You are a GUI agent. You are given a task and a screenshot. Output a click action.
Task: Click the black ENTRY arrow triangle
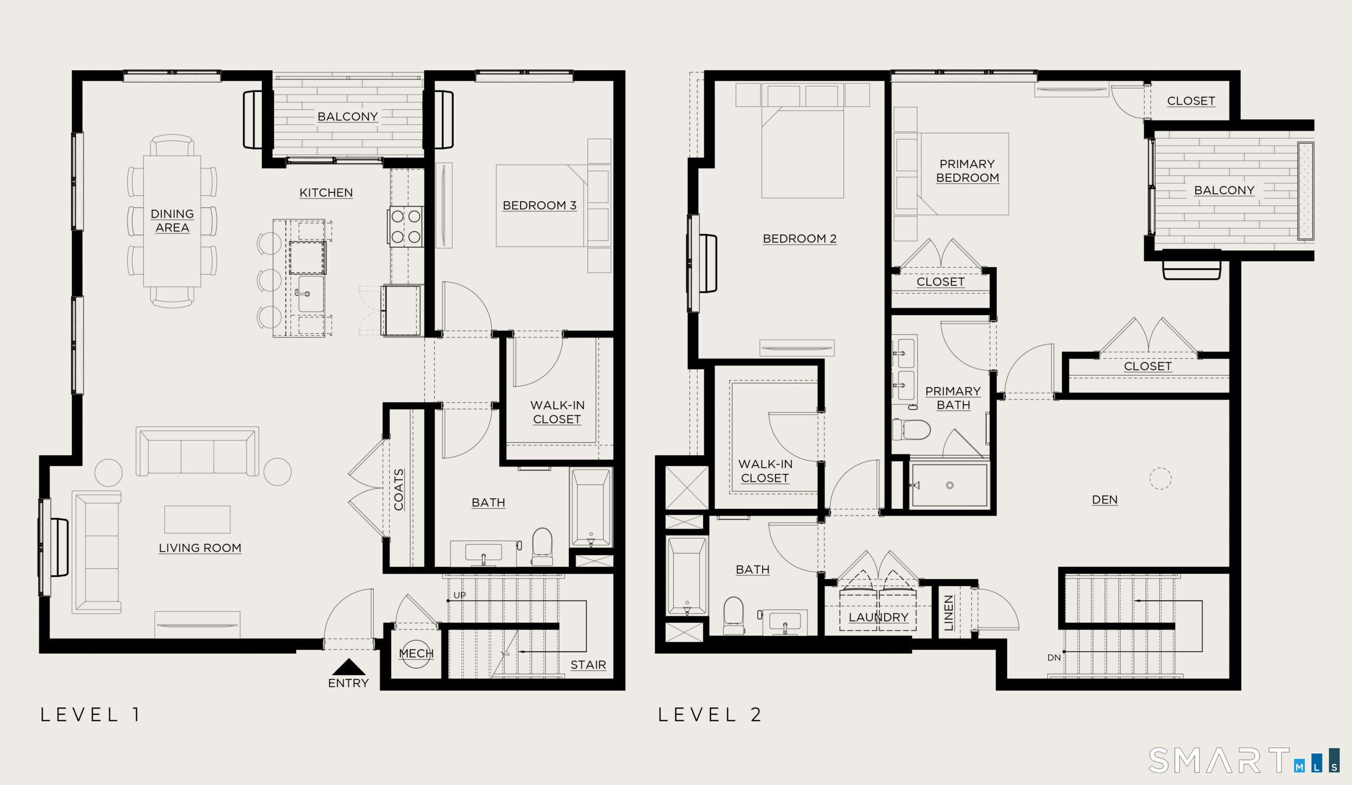click(x=349, y=667)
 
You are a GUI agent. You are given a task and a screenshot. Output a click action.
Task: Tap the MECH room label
click(x=416, y=653)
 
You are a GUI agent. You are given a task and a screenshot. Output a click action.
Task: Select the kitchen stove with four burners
click(x=406, y=227)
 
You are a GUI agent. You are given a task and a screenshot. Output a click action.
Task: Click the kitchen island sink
click(x=311, y=294)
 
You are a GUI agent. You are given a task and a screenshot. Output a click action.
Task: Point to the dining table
click(x=172, y=221)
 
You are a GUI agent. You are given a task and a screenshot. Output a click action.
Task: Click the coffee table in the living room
click(x=198, y=519)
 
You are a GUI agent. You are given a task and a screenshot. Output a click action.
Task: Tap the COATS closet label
click(x=399, y=489)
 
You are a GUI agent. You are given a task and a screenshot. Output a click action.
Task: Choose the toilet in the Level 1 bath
click(x=542, y=547)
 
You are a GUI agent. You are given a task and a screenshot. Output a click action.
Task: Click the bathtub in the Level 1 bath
click(x=590, y=508)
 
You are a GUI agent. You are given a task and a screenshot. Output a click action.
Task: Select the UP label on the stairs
click(x=460, y=595)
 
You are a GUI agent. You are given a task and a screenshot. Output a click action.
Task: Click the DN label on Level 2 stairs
click(x=1054, y=658)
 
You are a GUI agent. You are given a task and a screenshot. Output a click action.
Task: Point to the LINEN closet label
click(x=949, y=613)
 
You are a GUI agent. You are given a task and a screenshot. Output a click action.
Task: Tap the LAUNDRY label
click(x=878, y=617)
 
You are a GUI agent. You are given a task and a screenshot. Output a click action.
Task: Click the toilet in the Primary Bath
click(x=911, y=429)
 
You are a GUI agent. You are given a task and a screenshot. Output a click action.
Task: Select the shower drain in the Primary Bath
click(x=950, y=485)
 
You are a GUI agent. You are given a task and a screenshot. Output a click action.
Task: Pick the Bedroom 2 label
click(x=800, y=239)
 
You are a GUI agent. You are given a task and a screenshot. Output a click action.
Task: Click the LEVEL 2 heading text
click(x=709, y=715)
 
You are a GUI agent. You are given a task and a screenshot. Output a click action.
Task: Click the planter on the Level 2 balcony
click(x=1306, y=191)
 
